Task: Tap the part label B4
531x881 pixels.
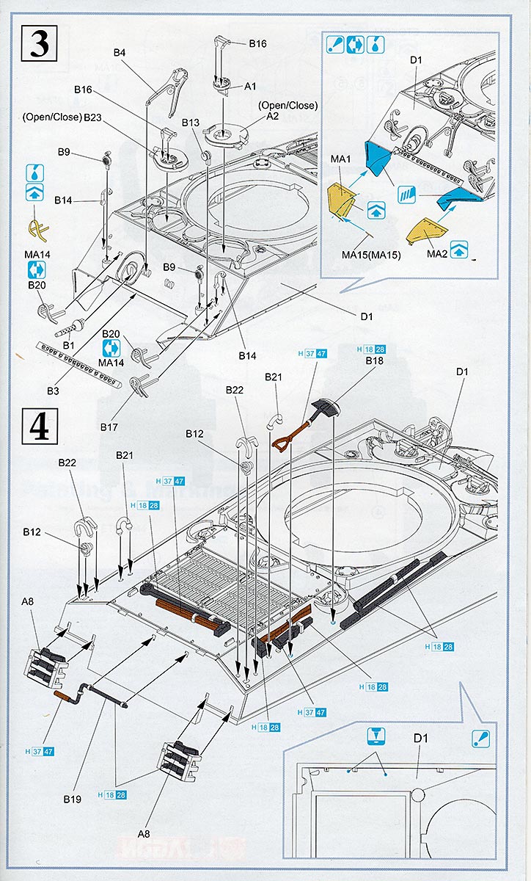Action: [120, 53]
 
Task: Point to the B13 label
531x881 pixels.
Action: [191, 123]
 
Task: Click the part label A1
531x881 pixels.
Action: [250, 86]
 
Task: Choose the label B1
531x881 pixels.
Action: [70, 345]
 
